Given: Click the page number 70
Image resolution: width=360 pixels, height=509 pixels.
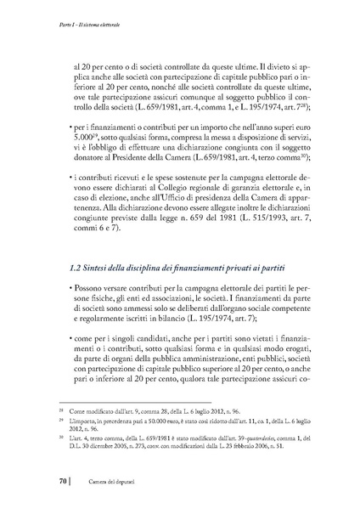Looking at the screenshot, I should point(64,484).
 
